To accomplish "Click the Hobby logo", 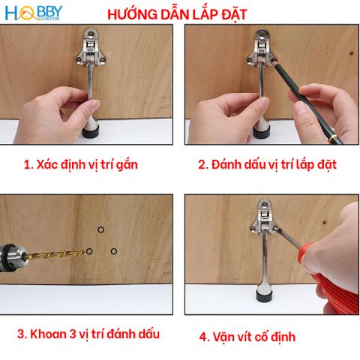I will [x=33, y=13].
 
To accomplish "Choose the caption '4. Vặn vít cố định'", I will [x=247, y=337].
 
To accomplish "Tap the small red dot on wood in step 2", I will [x=351, y=54].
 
